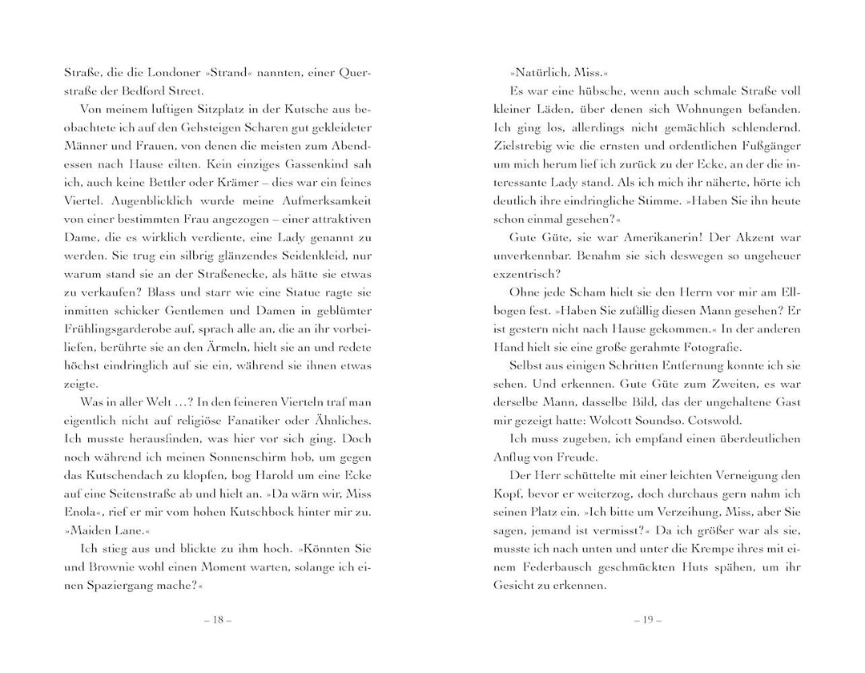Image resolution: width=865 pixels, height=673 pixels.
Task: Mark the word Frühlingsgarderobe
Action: click(121, 329)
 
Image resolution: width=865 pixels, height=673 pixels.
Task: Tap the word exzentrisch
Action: click(529, 275)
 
